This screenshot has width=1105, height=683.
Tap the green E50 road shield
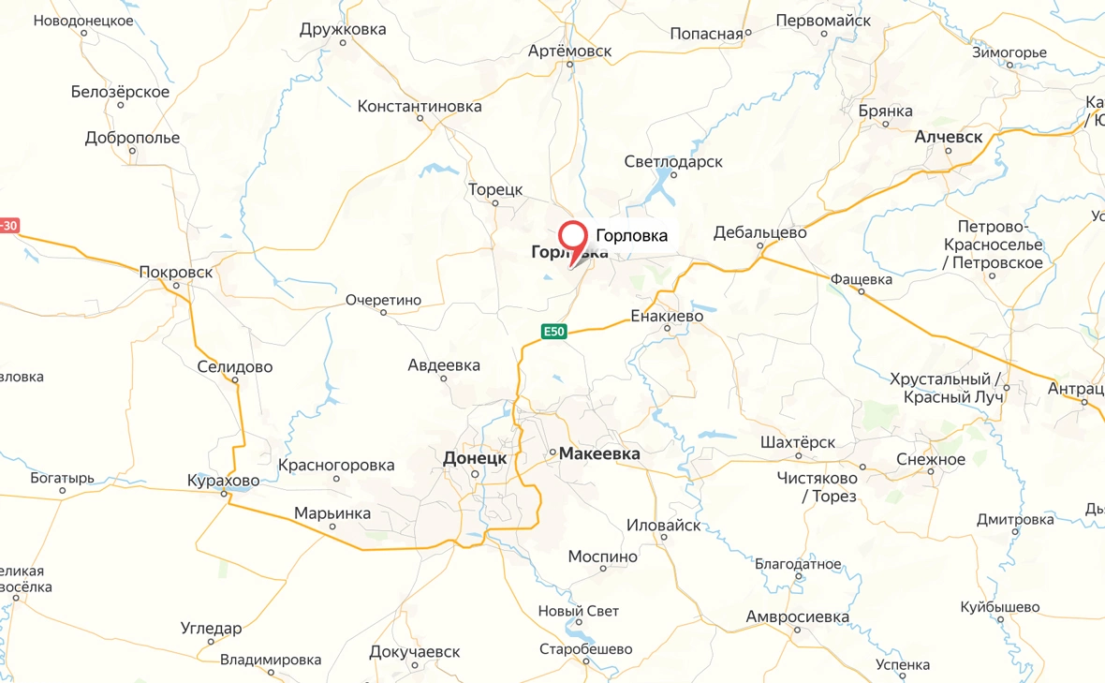point(554,331)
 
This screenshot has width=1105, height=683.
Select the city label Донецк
point(474,458)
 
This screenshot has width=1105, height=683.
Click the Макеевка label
point(599,453)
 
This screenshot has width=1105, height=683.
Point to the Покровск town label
point(175,272)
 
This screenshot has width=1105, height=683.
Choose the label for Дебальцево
point(759,232)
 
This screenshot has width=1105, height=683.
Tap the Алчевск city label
point(948,137)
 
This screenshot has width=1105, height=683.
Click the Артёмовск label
point(569,50)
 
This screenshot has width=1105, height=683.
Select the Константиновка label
point(420,106)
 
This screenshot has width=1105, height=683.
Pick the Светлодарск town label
point(673,161)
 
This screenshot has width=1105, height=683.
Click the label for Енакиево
point(667,316)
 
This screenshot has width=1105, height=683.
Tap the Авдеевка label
point(444,364)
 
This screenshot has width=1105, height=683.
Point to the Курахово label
point(223,480)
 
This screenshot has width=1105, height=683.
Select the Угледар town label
point(211,628)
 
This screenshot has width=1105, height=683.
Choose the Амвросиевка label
point(797,616)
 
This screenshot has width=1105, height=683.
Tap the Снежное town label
point(930,459)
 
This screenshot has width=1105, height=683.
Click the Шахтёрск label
point(798,442)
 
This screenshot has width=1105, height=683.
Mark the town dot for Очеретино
point(383,313)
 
